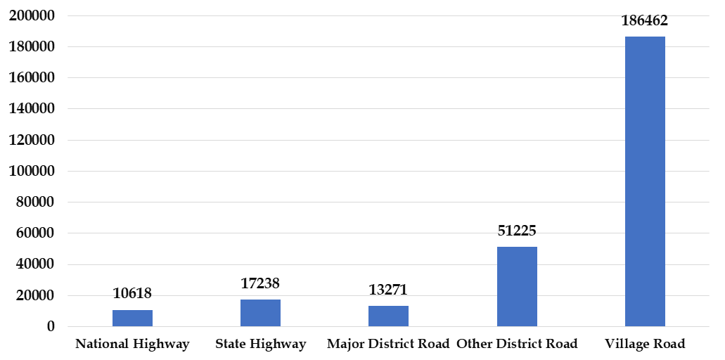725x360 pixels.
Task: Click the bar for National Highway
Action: pos(132,318)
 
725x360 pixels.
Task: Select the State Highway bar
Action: pos(260,313)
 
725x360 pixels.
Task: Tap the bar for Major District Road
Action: pos(388,316)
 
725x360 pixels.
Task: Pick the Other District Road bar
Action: pos(517,286)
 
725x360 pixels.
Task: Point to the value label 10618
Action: pos(132,293)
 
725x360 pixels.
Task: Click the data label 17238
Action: pos(260,283)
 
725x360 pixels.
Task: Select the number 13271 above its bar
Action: pos(388,290)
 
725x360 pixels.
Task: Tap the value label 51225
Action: pos(517,231)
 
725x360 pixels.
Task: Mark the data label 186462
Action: pos(645,21)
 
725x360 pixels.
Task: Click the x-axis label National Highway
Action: pos(132,344)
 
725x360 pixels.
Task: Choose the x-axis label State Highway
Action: pos(260,344)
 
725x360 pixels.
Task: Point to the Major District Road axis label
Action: pos(388,344)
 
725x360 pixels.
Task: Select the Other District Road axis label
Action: pos(517,344)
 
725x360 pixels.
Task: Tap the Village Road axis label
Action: pos(645,344)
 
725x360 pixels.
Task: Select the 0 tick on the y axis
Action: pos(51,326)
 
